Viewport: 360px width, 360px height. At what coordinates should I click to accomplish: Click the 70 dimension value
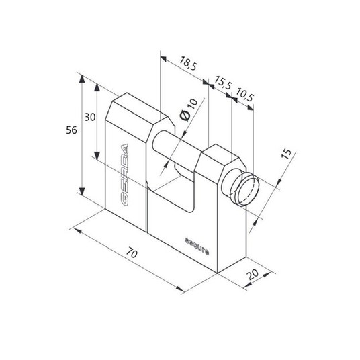pyautogui.click(x=132, y=253)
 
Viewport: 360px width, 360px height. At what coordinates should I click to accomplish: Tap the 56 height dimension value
pyautogui.click(x=71, y=130)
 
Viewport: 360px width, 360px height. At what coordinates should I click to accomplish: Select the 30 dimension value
pyautogui.click(x=89, y=117)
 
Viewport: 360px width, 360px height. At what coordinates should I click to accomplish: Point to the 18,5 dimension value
pyautogui.click(x=188, y=63)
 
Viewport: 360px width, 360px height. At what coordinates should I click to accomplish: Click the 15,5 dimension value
pyautogui.click(x=223, y=83)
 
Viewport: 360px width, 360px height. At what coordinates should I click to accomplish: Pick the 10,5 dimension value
pyautogui.click(x=244, y=94)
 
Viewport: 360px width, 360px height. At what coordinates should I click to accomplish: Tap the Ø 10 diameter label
pyautogui.click(x=189, y=110)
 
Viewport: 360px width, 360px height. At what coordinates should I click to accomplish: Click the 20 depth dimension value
pyautogui.click(x=253, y=274)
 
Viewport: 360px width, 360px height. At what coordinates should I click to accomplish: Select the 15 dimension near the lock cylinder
pyautogui.click(x=286, y=154)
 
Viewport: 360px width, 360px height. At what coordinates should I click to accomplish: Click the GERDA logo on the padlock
pyautogui.click(x=124, y=174)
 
